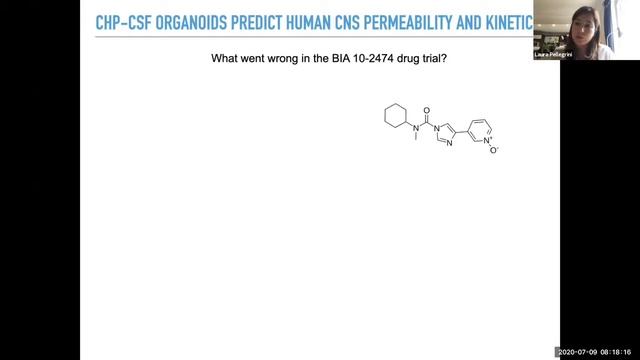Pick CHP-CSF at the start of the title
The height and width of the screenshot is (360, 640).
[122, 23]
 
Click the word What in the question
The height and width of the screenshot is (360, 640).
[223, 59]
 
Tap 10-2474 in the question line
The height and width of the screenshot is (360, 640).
[381, 59]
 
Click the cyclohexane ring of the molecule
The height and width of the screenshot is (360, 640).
[395, 116]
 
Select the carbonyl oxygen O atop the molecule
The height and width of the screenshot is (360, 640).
[427, 112]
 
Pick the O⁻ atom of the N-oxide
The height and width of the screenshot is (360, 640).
[493, 151]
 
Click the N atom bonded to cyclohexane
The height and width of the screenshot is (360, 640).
[416, 128]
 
